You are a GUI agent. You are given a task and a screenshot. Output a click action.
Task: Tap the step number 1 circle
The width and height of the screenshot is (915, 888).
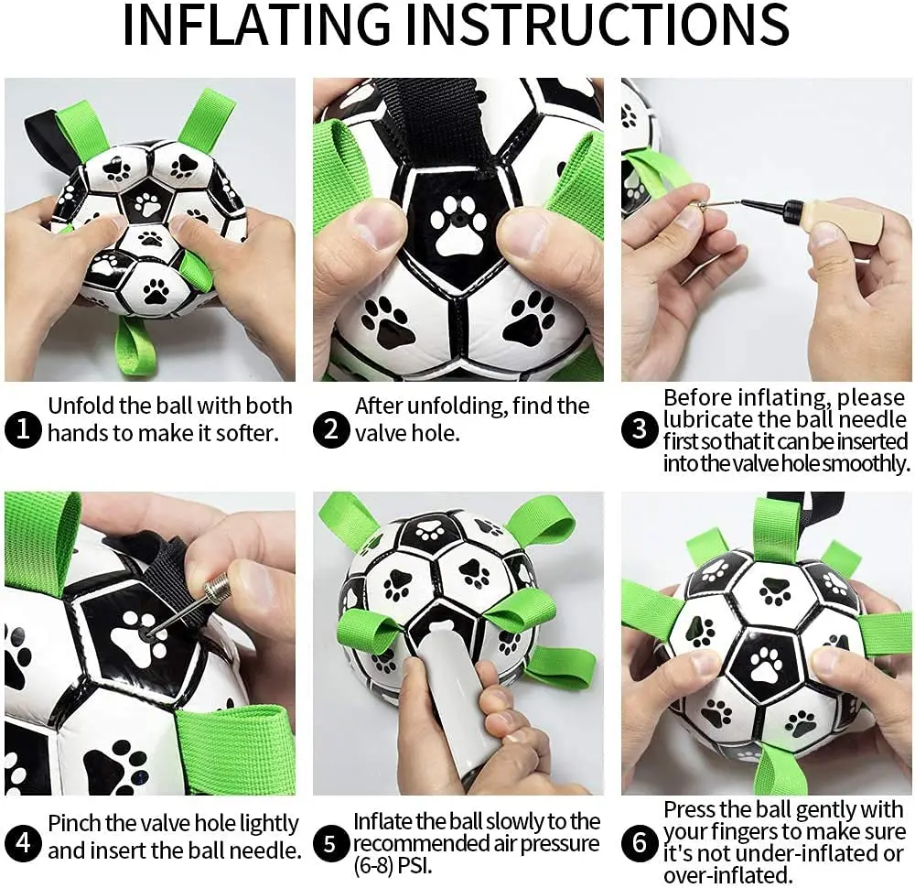pyautogui.click(x=22, y=428)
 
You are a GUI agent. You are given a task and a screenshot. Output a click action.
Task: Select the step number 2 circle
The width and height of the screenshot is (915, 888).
pyautogui.click(x=331, y=428)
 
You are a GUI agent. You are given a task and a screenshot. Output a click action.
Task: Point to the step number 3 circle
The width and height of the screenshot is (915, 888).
pyautogui.click(x=640, y=428)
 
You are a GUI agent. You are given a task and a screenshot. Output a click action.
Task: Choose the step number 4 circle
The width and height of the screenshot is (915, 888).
pyautogui.click(x=22, y=843)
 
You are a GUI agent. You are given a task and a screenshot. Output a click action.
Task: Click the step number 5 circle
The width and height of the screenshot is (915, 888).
pyautogui.click(x=331, y=843)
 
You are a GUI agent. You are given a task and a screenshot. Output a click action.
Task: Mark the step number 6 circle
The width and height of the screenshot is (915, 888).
pyautogui.click(x=640, y=843)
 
